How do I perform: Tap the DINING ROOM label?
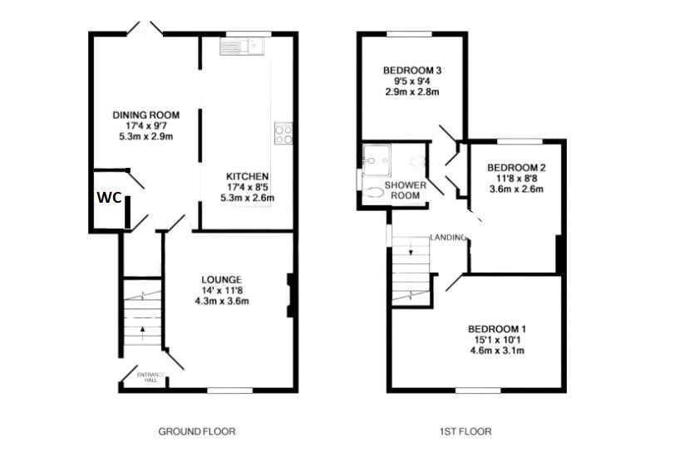point(146,115)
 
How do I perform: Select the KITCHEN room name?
point(247,176)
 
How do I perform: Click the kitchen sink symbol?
point(241,47)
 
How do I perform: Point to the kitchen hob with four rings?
point(283,134)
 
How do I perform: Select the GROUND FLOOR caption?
point(197,431)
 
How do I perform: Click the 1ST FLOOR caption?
point(466,431)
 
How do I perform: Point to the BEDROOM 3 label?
point(411,71)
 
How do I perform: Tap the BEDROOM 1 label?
point(496,328)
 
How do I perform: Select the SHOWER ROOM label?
point(405,189)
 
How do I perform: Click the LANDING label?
point(447,238)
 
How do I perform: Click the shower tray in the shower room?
point(376,155)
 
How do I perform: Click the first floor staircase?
point(412,270)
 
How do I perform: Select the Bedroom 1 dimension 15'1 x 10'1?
point(496,339)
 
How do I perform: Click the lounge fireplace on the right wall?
point(290,295)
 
